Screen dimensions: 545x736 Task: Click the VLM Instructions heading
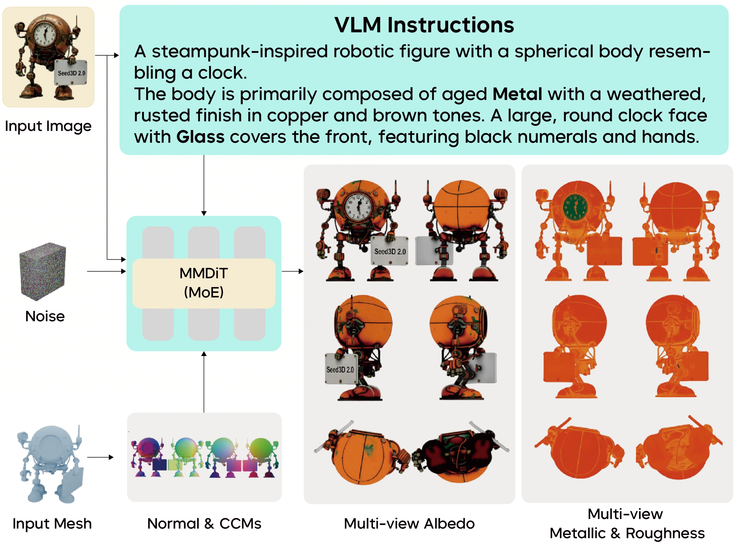pyautogui.click(x=424, y=25)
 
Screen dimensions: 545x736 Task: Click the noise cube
pyautogui.click(x=43, y=271)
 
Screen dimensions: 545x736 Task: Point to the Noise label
pyautogui.click(x=45, y=316)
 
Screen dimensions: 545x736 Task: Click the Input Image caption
pyautogui.click(x=48, y=126)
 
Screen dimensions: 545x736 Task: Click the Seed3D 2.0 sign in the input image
pyautogui.click(x=71, y=73)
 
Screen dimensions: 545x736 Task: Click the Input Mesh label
pyautogui.click(x=52, y=524)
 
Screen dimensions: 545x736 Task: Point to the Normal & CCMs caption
pyautogui.click(x=204, y=524)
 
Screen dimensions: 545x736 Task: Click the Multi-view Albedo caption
pyautogui.click(x=409, y=524)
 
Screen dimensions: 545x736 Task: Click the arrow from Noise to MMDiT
pyautogui.click(x=106, y=271)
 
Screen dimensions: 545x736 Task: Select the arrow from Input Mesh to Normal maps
pyautogui.click(x=100, y=457)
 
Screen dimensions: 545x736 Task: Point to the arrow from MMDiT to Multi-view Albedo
pyautogui.click(x=292, y=271)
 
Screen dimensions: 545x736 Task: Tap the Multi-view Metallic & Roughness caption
pyautogui.click(x=627, y=524)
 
